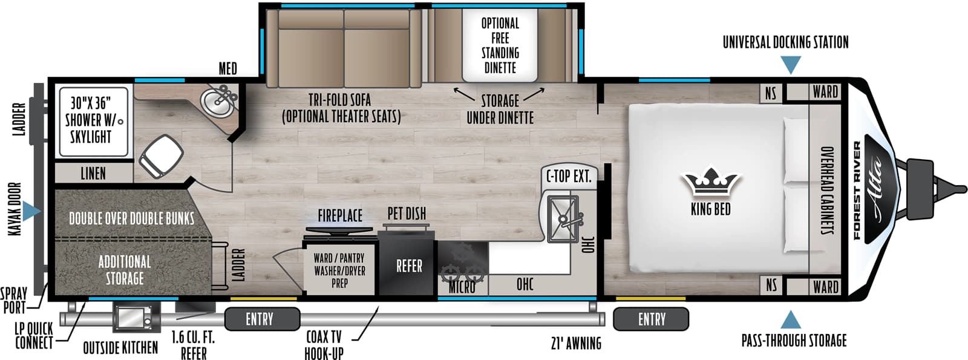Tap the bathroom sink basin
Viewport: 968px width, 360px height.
click(x=216, y=102)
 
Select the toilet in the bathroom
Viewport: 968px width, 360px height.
click(x=162, y=155)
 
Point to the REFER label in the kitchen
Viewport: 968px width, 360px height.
click(x=409, y=266)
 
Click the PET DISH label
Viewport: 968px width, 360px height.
click(x=407, y=214)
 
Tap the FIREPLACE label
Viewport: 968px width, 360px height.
click(x=340, y=215)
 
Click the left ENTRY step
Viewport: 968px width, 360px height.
click(x=262, y=319)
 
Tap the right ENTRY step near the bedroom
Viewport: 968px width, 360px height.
click(x=651, y=319)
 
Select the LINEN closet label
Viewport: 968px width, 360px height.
click(x=93, y=174)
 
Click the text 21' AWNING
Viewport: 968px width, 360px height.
click(x=576, y=344)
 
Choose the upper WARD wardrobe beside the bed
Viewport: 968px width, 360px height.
click(x=825, y=92)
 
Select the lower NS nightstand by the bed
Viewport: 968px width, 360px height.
click(x=771, y=284)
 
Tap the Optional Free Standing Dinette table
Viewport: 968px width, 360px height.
click(x=500, y=45)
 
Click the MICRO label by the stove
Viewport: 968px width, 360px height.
click(x=462, y=287)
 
